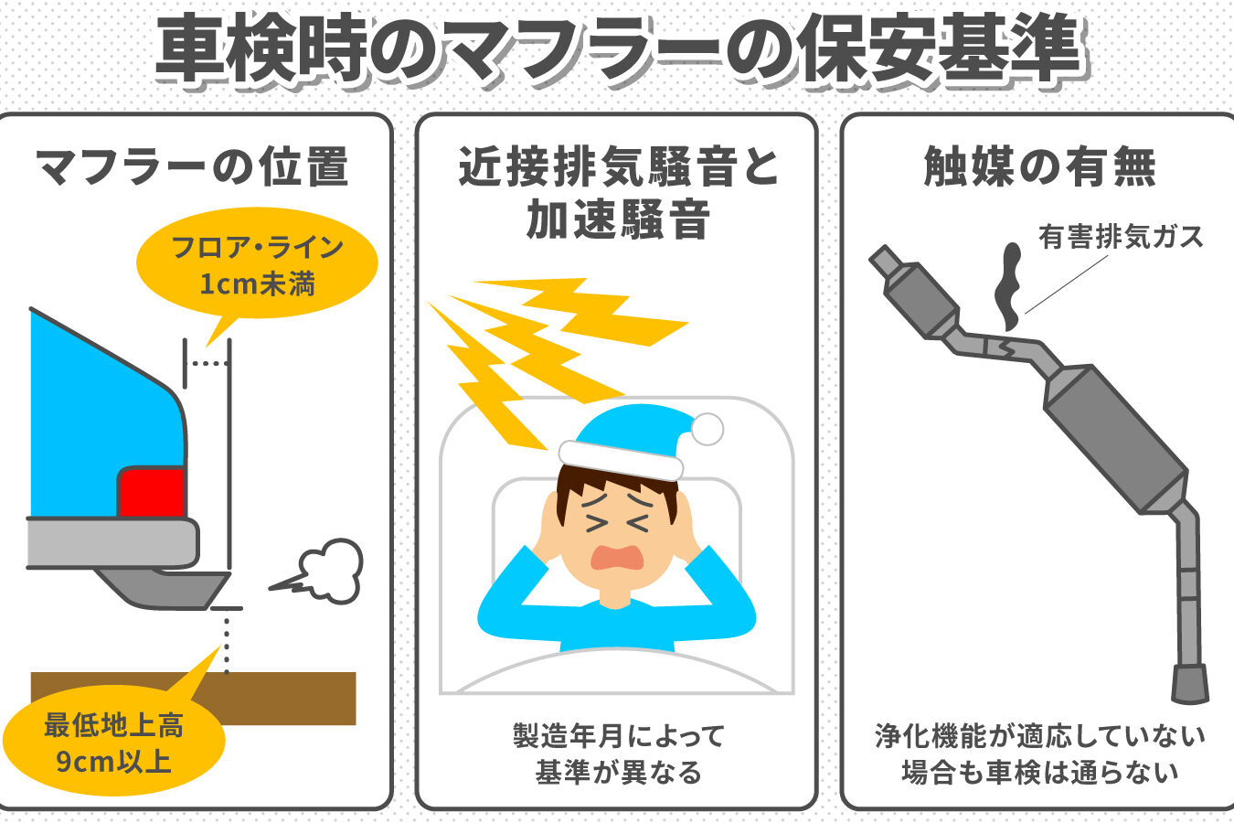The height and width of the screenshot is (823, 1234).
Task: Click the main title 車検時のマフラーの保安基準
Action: point(621,48)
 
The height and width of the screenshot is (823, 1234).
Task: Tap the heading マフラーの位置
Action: point(192,166)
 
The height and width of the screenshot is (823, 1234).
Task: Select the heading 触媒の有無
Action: point(1039,166)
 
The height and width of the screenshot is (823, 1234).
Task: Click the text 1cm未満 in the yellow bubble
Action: point(257,284)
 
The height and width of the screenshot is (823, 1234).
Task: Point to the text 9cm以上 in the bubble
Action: point(113,763)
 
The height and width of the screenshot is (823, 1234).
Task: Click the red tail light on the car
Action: point(151,492)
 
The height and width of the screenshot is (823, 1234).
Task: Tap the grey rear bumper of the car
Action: point(112,543)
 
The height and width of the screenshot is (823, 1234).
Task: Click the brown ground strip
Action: point(194,698)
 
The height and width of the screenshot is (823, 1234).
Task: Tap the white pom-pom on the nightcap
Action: point(707,429)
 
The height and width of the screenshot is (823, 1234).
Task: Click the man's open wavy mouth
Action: point(617,557)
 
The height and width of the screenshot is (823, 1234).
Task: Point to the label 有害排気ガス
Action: point(1121,237)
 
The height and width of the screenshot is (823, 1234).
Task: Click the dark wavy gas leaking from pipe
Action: point(1009,286)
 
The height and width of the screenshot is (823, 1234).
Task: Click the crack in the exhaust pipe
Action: point(1005,347)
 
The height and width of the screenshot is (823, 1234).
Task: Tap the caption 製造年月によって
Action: point(619,736)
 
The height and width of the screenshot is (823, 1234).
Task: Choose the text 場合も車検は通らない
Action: point(1039,773)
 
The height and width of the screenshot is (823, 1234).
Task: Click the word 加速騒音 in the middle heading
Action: point(618,219)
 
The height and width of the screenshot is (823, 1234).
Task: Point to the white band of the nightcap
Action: point(621,460)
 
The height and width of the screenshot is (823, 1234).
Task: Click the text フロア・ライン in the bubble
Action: point(257,247)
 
